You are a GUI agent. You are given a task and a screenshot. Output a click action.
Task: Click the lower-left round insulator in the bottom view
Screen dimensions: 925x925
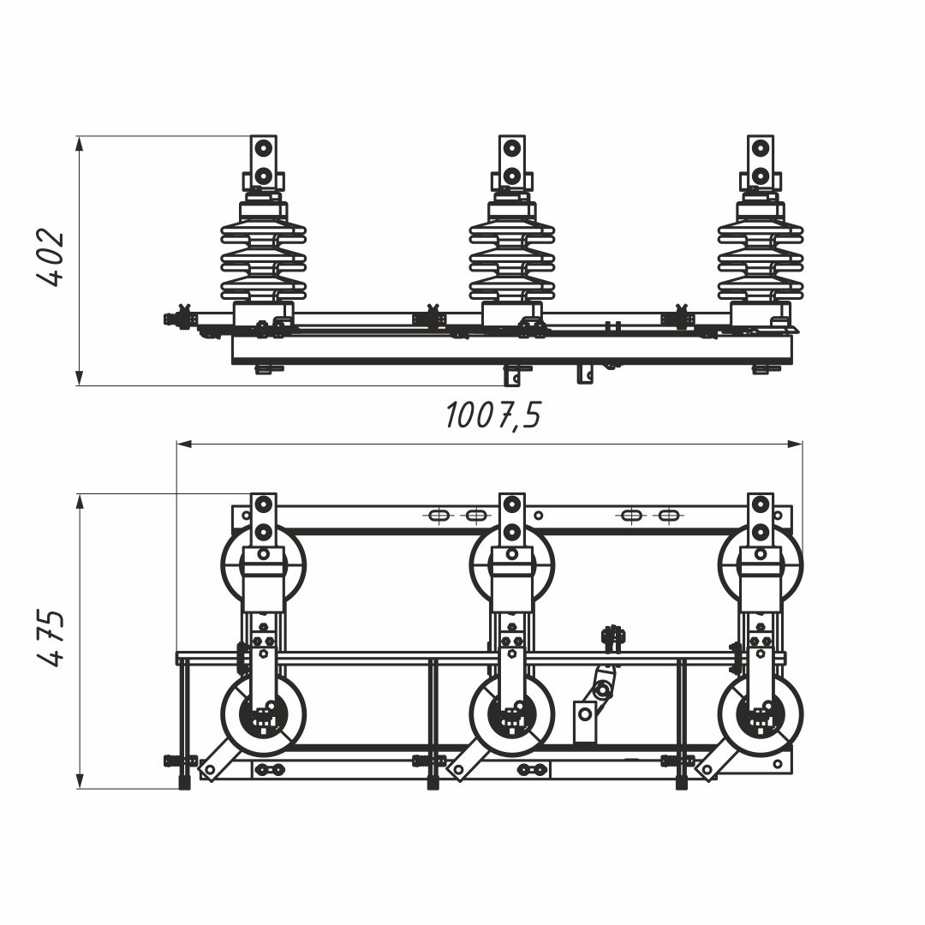264,716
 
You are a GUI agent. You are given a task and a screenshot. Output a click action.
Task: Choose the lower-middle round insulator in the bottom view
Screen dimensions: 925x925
512,716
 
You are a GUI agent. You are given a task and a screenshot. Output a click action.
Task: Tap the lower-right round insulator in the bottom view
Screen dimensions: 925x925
761,716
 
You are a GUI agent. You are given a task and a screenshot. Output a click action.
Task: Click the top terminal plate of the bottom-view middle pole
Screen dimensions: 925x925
512,519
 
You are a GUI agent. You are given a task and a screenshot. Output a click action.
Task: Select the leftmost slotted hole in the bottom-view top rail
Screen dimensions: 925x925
438,516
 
